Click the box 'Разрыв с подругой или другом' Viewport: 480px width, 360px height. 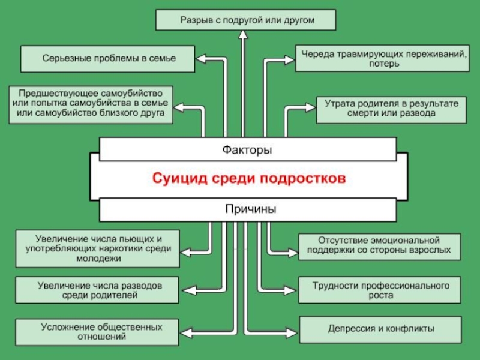pyautogui.click(x=246, y=20)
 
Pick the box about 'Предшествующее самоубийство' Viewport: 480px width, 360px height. pyautogui.click(x=91, y=103)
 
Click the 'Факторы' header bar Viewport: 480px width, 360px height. pyautogui.click(x=247, y=149)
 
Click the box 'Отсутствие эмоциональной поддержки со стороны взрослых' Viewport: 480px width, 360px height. pyautogui.click(x=379, y=247)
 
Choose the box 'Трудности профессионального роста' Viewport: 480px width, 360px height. pyautogui.click(x=380, y=289)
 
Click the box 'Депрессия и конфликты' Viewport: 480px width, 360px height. pyautogui.click(x=380, y=329)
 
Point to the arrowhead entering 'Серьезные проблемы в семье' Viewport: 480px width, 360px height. pyautogui.click(x=202, y=59)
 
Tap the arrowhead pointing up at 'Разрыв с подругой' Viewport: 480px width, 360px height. pyautogui.click(x=243, y=34)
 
